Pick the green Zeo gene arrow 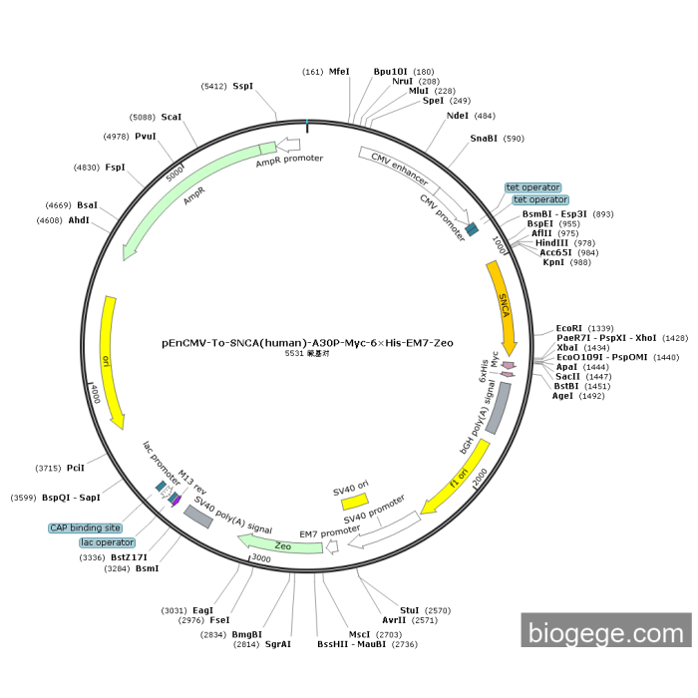[x=267, y=543]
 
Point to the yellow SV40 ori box [x=351, y=498]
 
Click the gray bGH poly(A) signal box [x=497, y=407]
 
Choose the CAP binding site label [x=86, y=527]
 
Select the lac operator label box [x=108, y=542]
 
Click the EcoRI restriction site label [x=570, y=328]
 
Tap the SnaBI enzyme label [x=484, y=139]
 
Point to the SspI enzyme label [x=242, y=87]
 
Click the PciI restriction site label [x=76, y=468]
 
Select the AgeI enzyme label [x=563, y=396]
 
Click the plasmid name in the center [x=307, y=342]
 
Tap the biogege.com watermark [x=605, y=632]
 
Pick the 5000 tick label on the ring [x=175, y=172]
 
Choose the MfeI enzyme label [x=339, y=72]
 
